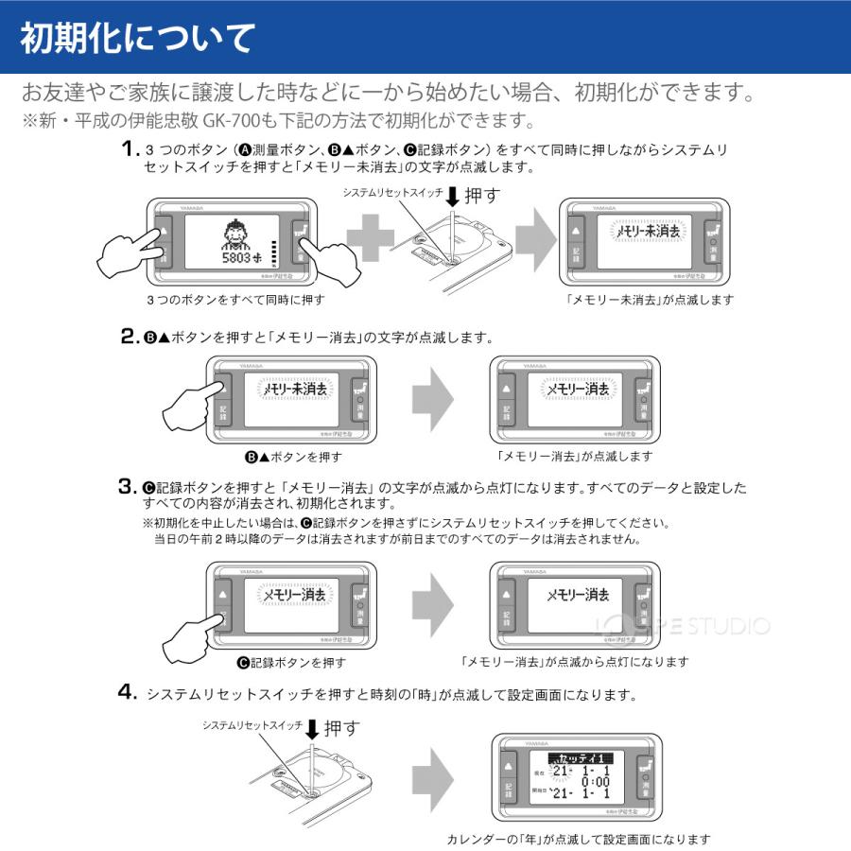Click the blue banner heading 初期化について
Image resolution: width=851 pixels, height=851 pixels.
[137, 39]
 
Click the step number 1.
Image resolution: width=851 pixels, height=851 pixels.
[130, 149]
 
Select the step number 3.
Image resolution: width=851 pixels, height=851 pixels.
[130, 488]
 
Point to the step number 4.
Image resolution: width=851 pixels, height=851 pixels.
[130, 693]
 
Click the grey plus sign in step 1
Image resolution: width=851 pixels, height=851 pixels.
[370, 239]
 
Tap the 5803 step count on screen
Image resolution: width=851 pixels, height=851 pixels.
[236, 256]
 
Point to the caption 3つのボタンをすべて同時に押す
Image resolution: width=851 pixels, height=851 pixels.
[235, 300]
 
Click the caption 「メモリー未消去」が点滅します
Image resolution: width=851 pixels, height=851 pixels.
[649, 300]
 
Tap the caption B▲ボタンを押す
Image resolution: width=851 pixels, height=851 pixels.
[293, 457]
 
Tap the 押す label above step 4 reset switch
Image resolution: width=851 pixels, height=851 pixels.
[341, 728]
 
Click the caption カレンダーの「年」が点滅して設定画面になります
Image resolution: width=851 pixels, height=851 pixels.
[578, 839]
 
